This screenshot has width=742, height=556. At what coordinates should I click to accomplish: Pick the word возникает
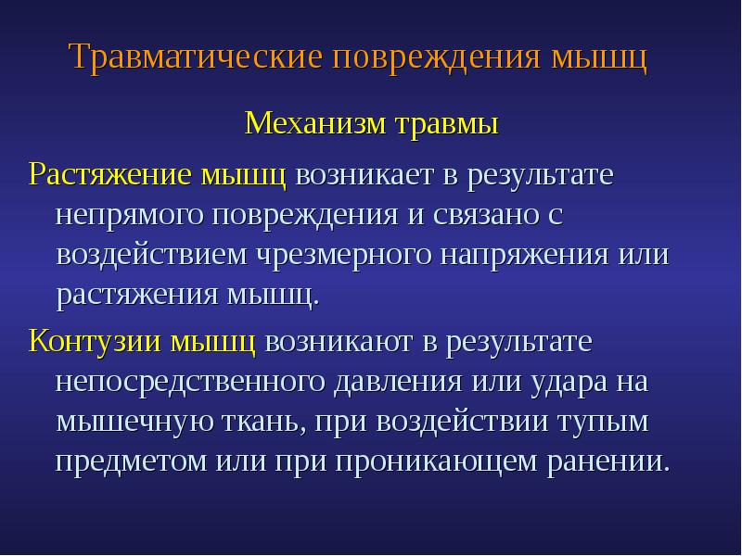365,174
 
